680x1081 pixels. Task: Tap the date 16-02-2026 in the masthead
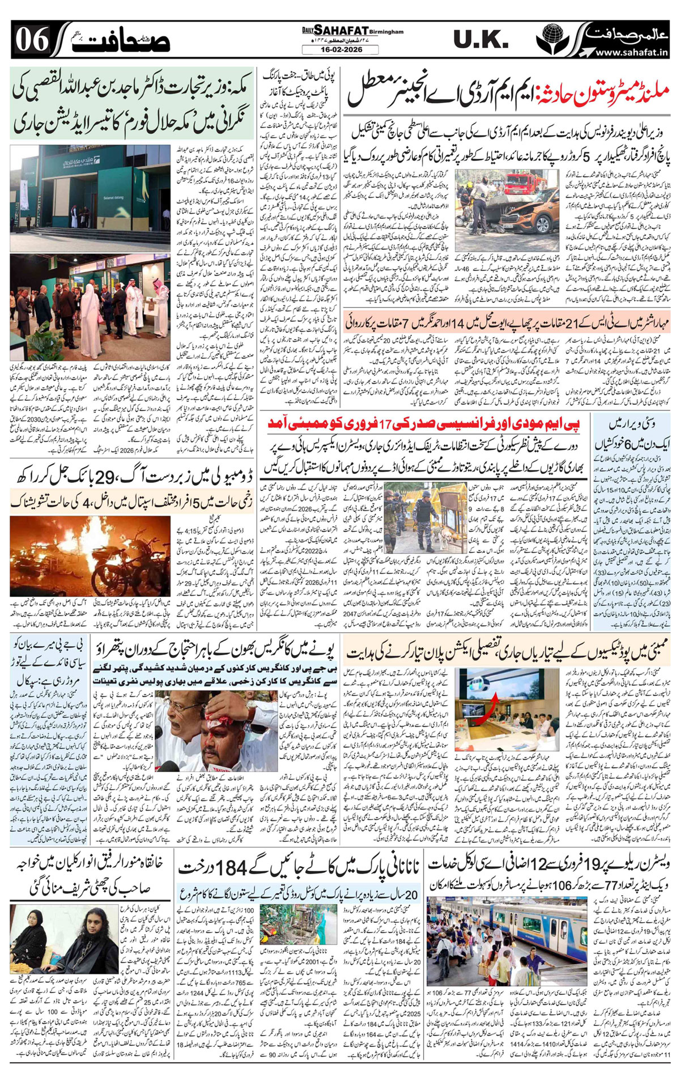tap(340, 50)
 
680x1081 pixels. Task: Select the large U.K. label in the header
tap(481, 39)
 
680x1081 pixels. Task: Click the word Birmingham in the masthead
tap(388, 32)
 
